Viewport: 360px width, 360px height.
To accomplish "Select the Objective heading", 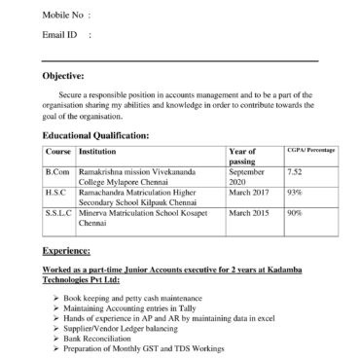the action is (63, 75).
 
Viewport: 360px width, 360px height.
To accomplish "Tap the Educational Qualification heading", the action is (95, 134).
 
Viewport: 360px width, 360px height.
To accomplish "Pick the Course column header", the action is (58, 153).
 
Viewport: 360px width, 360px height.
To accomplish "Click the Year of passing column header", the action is (242, 158).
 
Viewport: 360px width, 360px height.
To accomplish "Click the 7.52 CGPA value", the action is (295, 172).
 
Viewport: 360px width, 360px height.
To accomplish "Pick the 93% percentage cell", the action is (294, 193).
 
